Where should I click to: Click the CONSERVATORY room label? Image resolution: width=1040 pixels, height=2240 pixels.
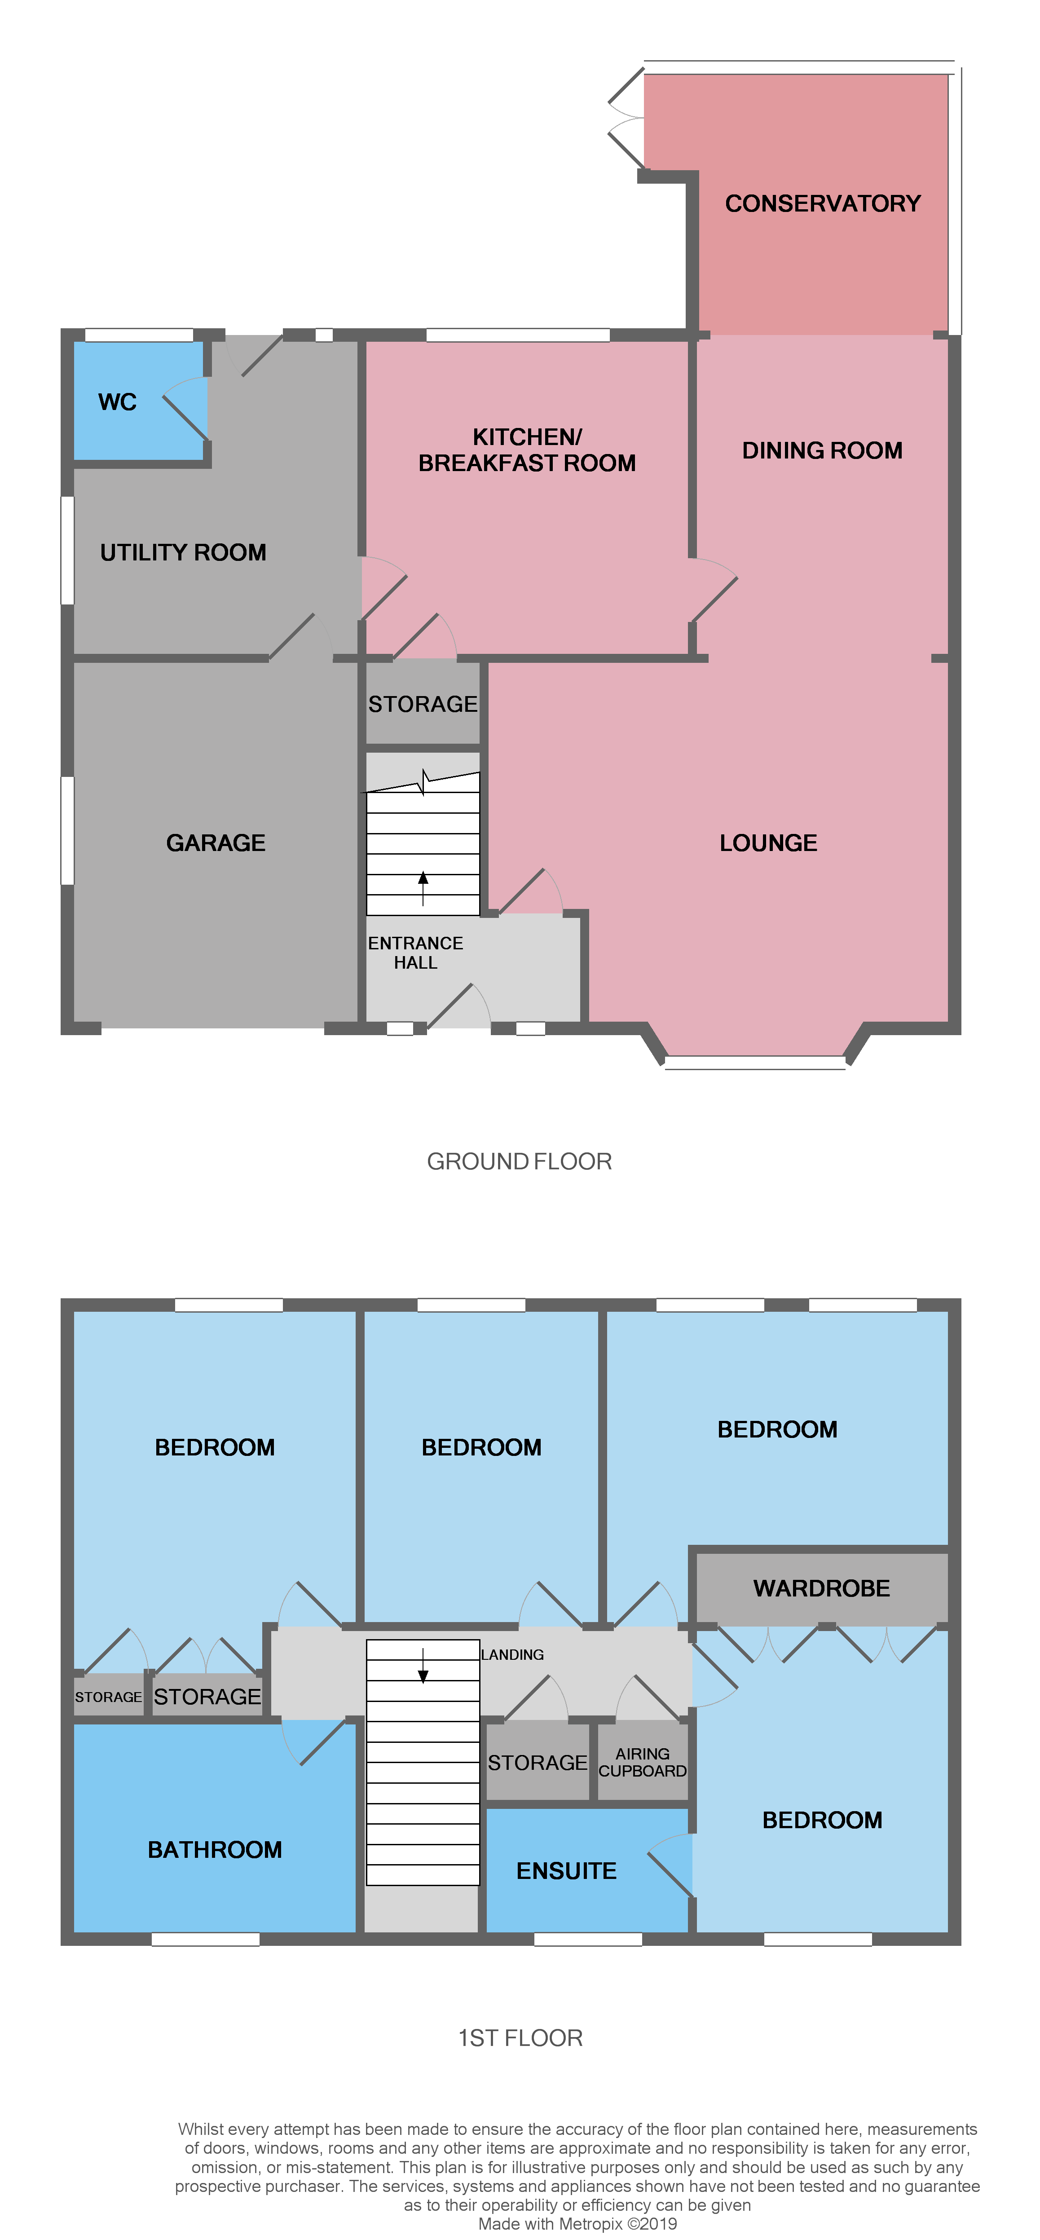823,203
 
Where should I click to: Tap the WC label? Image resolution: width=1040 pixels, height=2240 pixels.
117,402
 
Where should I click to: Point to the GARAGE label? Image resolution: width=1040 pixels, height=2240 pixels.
216,842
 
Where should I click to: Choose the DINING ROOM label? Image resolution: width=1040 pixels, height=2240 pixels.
822,450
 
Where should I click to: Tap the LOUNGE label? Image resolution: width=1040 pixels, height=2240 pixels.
768,842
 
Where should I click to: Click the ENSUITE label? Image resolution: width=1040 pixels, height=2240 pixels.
566,1870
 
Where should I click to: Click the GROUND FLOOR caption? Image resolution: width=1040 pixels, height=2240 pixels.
519,1162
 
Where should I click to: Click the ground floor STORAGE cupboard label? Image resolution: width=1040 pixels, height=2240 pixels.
423,703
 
